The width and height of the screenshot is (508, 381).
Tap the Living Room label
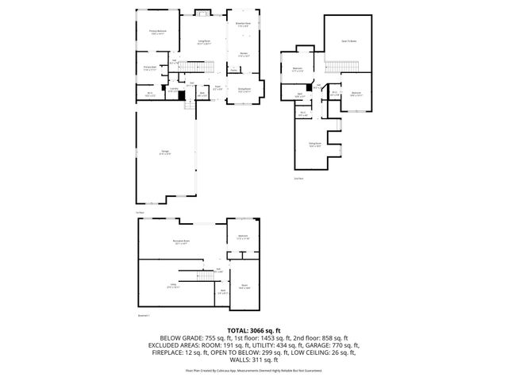203,42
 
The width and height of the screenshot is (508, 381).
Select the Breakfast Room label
244,25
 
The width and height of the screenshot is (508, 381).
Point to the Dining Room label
244,90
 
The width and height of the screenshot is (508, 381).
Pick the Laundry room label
171,90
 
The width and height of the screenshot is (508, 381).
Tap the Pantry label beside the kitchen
234,70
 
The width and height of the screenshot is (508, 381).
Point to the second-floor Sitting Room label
314,144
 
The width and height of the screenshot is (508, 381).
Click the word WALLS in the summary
238,362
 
